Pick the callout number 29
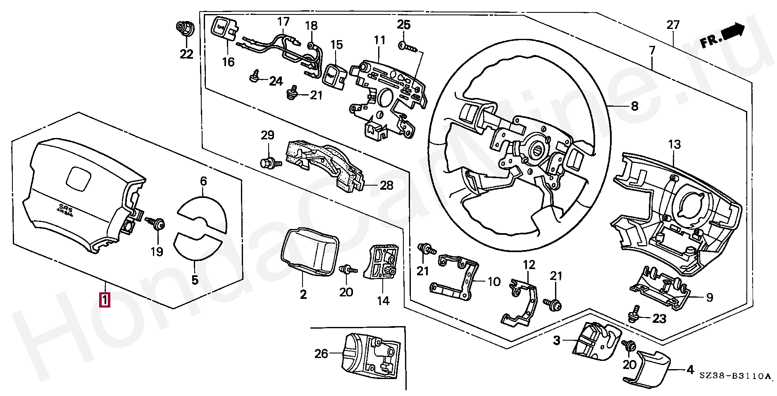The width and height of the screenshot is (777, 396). click(267, 135)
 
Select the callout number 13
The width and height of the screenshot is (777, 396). click(674, 145)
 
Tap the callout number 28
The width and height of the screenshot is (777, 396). click(386, 185)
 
